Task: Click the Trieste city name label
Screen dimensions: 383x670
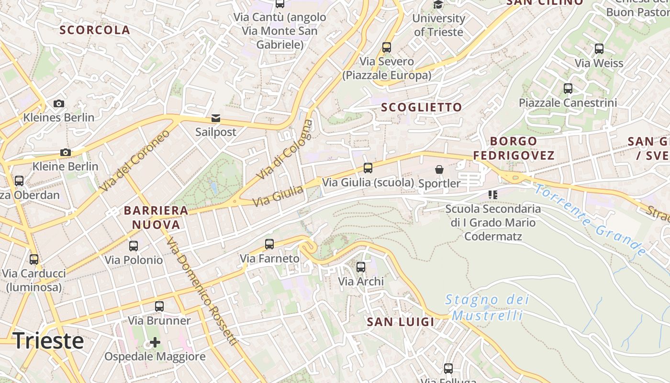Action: coord(48,340)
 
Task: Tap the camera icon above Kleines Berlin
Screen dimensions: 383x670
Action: coord(59,103)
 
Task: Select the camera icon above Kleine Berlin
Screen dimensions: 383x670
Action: coord(66,153)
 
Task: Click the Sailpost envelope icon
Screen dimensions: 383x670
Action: coord(216,118)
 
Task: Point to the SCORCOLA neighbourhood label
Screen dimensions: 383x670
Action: coord(95,30)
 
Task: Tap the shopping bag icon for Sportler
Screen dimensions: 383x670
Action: coord(439,169)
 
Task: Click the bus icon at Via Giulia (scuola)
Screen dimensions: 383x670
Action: coord(368,168)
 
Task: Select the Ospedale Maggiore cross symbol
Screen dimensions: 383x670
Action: coord(155,342)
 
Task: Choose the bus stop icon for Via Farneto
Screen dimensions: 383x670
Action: coord(269,244)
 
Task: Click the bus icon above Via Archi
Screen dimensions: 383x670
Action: coord(361,267)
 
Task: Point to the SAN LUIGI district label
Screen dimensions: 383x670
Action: coord(401,322)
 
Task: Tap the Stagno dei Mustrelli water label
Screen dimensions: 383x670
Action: coord(487,307)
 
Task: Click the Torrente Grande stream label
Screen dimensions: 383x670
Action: coord(590,219)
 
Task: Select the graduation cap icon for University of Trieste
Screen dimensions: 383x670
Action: coord(438,5)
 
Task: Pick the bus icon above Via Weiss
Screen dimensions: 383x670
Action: coord(599,48)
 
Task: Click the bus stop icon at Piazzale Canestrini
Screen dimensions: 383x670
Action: coord(568,89)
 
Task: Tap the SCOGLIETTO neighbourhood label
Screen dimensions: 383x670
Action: coord(421,107)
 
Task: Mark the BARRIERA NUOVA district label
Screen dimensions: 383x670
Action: coord(156,217)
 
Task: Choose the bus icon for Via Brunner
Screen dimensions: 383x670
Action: coord(159,306)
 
